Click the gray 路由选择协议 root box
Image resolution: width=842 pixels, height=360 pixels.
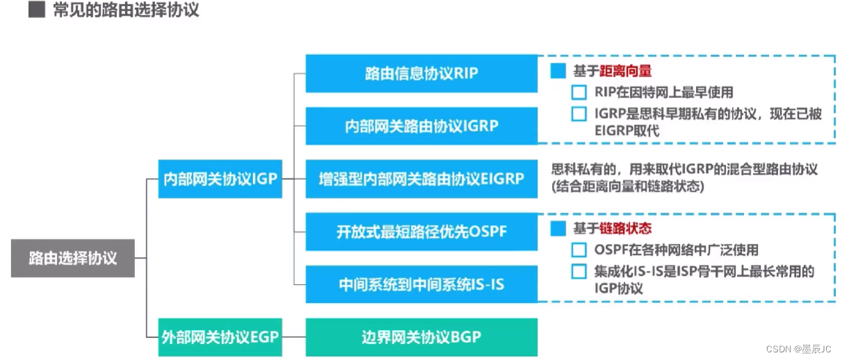click(73, 258)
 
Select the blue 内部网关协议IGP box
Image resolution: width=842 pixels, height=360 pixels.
click(220, 179)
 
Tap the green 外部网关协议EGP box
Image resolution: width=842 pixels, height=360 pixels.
click(220, 337)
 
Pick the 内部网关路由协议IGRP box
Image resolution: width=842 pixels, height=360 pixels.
click(421, 126)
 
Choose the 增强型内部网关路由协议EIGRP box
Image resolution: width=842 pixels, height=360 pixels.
click(421, 179)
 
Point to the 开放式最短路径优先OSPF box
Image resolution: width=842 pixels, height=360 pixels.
click(421, 231)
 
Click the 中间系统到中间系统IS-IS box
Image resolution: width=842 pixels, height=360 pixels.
click(421, 284)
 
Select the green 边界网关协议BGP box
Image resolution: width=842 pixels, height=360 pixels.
click(421, 337)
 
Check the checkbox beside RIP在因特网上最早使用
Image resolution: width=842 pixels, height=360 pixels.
click(578, 92)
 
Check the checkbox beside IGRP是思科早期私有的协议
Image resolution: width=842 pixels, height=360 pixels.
click(578, 114)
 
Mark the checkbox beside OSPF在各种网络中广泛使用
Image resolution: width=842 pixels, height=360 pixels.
click(578, 249)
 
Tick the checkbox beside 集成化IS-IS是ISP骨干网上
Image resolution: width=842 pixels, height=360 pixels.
click(578, 271)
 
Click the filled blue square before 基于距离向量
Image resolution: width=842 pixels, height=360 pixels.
click(558, 72)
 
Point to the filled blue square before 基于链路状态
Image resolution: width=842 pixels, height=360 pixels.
click(558, 228)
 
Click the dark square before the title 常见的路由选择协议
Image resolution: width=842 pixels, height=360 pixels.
click(36, 10)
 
